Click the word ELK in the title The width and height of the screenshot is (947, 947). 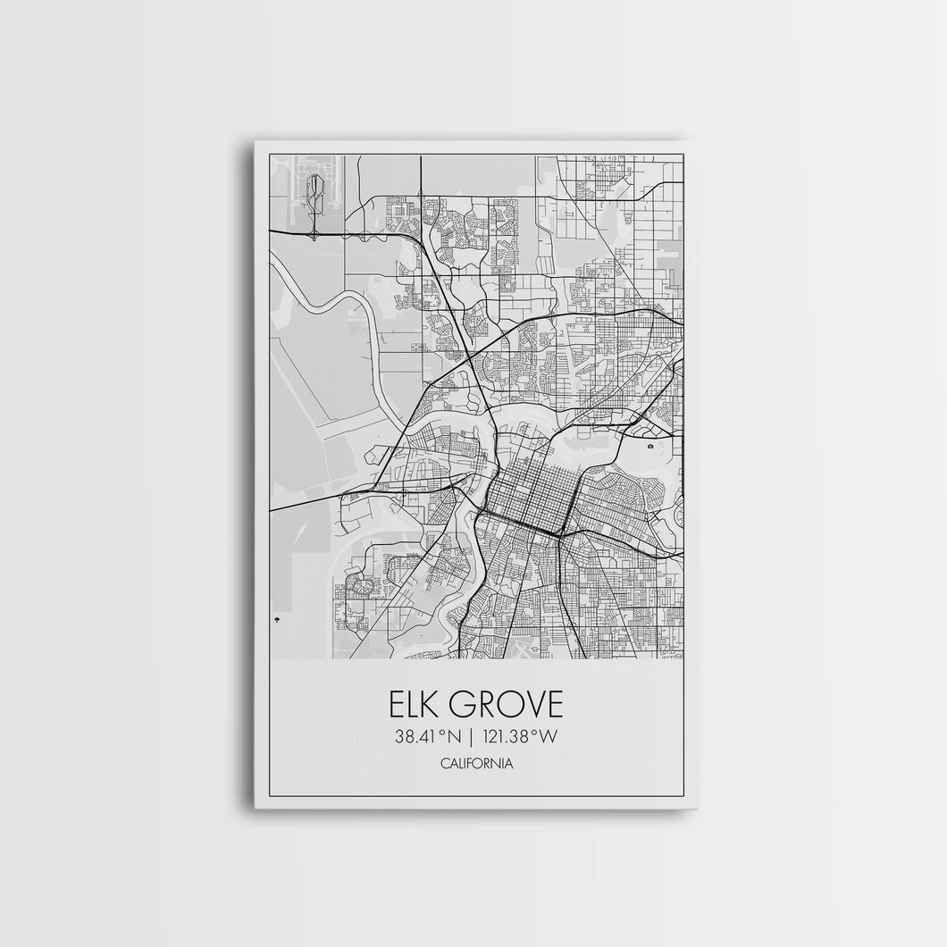click(x=417, y=706)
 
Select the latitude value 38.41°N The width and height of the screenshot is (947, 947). click(x=424, y=738)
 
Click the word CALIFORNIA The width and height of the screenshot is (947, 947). click(x=476, y=764)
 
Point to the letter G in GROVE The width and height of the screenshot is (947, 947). click(x=467, y=706)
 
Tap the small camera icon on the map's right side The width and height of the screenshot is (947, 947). click(x=651, y=445)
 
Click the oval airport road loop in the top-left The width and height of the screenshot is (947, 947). click(x=315, y=192)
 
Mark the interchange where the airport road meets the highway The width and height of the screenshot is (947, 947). click(x=314, y=235)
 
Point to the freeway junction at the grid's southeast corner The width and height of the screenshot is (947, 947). click(x=558, y=536)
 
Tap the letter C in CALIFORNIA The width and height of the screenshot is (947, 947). click(x=445, y=764)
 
